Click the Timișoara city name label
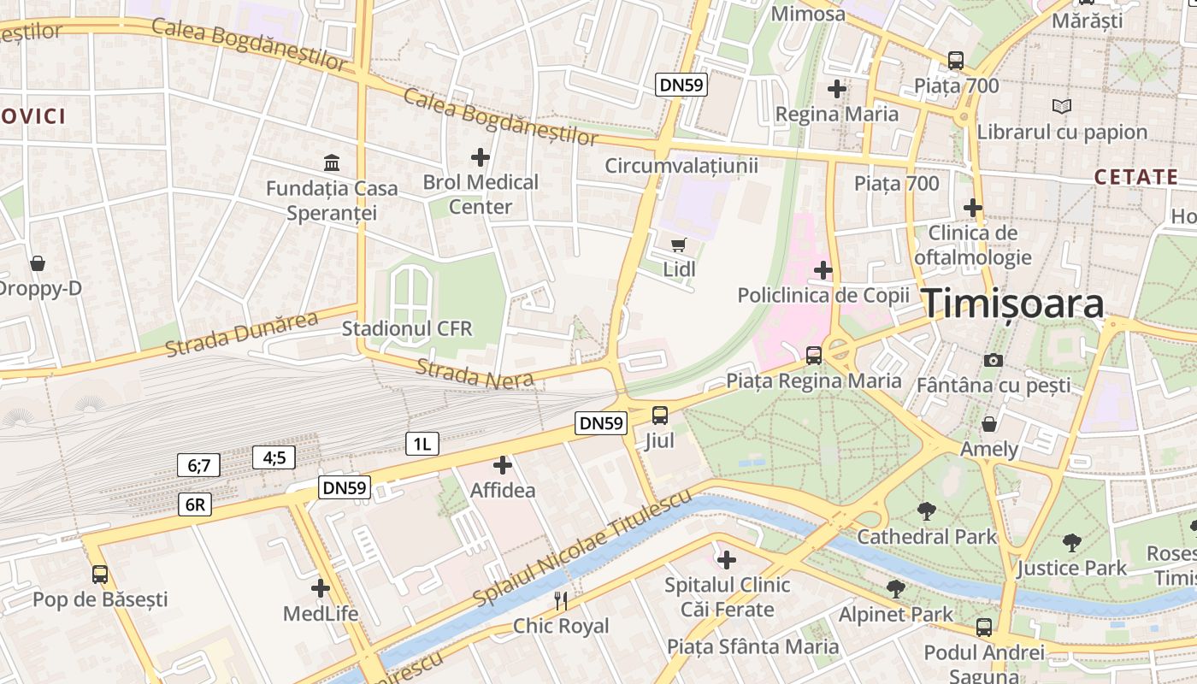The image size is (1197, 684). [1012, 304]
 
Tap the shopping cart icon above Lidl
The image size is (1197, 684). [679, 245]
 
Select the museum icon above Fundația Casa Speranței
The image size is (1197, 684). [331, 162]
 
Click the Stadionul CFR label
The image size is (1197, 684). [407, 328]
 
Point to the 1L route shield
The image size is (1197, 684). [422, 443]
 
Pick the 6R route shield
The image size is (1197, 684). [196, 504]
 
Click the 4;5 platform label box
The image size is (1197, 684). [274, 457]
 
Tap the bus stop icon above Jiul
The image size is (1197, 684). [660, 416]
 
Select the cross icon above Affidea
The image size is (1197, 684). [503, 465]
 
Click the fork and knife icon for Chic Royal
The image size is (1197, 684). [561, 600]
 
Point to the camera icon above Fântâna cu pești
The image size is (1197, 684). [993, 360]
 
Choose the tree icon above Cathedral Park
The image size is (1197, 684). [926, 511]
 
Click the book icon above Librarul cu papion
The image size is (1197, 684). [1061, 107]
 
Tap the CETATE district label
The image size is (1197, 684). [1136, 177]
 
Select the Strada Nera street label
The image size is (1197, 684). [475, 374]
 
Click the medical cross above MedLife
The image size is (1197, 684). [321, 588]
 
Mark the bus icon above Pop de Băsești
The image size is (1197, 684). [100, 574]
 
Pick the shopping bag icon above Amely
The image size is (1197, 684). [989, 423]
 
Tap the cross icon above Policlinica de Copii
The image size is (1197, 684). [823, 270]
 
